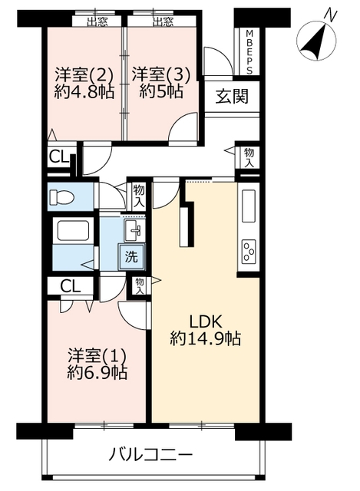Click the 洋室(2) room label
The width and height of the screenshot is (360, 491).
tap(84, 75)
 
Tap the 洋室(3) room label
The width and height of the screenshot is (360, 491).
tap(161, 75)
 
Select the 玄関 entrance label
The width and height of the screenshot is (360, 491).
tap(232, 96)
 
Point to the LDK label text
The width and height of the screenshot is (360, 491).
tap(206, 322)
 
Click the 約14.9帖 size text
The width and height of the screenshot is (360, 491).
tap(206, 338)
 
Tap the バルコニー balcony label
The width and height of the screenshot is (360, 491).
tap(150, 453)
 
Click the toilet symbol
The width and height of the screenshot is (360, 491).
tap(62, 197)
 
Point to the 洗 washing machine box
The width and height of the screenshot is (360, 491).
tap(131, 257)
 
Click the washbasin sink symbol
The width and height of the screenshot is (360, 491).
tap(134, 230)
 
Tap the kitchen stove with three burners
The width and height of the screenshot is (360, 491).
tap(249, 251)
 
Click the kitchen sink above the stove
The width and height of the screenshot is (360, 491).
tap(249, 206)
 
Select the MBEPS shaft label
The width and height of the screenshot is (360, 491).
tap(249, 52)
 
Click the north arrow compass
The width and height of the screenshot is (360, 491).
tap(316, 41)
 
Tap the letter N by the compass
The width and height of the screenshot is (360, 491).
tap(331, 15)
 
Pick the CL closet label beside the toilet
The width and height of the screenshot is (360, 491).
tap(59, 157)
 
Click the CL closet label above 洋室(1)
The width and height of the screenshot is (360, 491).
tap(70, 286)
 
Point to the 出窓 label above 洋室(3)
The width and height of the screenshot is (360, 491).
tap(163, 21)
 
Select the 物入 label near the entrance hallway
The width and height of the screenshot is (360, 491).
tap(249, 158)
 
